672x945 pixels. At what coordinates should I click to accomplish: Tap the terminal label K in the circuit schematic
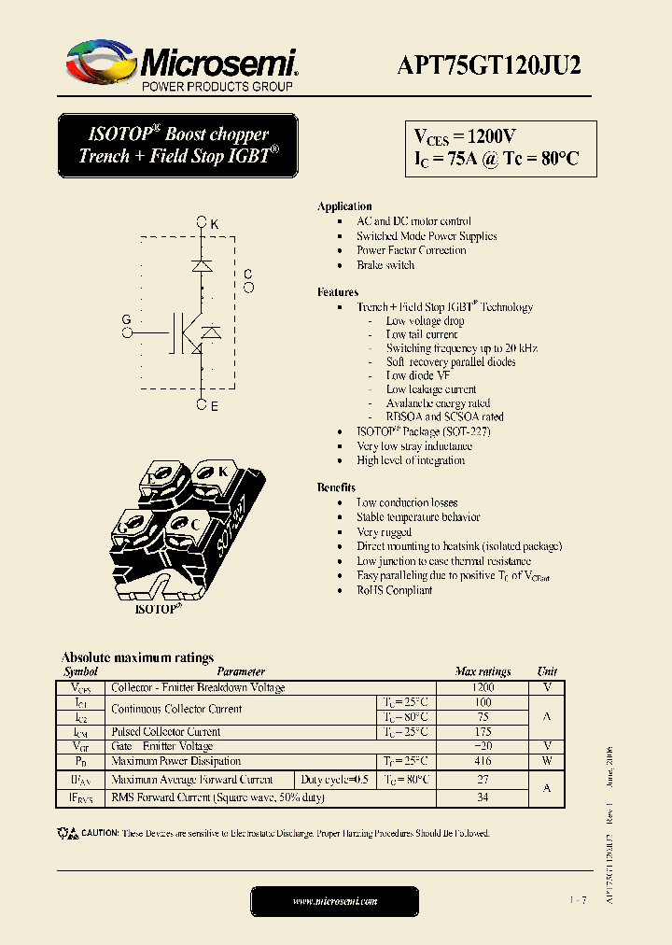[x=214, y=224]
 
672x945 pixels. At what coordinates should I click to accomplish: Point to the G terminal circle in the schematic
[x=126, y=331]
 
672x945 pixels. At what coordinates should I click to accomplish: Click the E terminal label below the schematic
[x=214, y=406]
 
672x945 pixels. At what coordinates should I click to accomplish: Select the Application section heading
[x=344, y=206]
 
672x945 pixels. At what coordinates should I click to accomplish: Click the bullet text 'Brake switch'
[x=385, y=265]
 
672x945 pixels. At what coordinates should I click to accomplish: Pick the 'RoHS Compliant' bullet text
[x=394, y=590]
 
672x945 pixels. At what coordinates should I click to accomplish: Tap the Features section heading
[x=337, y=292]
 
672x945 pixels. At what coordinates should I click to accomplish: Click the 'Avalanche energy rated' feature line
[x=438, y=403]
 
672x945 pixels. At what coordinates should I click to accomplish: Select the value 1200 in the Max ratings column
[x=483, y=687]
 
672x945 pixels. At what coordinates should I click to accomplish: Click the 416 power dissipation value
[x=483, y=762]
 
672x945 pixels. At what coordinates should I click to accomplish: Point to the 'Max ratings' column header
[x=483, y=671]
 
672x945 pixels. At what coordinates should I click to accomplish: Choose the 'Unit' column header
[x=547, y=671]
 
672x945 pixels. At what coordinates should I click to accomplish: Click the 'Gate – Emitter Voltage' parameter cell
[x=162, y=747]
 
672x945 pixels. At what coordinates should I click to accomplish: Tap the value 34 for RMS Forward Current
[x=483, y=797]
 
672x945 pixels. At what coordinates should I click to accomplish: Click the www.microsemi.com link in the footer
[x=334, y=901]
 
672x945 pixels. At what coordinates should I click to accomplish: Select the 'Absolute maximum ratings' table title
[x=137, y=657]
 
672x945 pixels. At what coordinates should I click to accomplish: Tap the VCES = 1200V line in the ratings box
[x=465, y=136]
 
